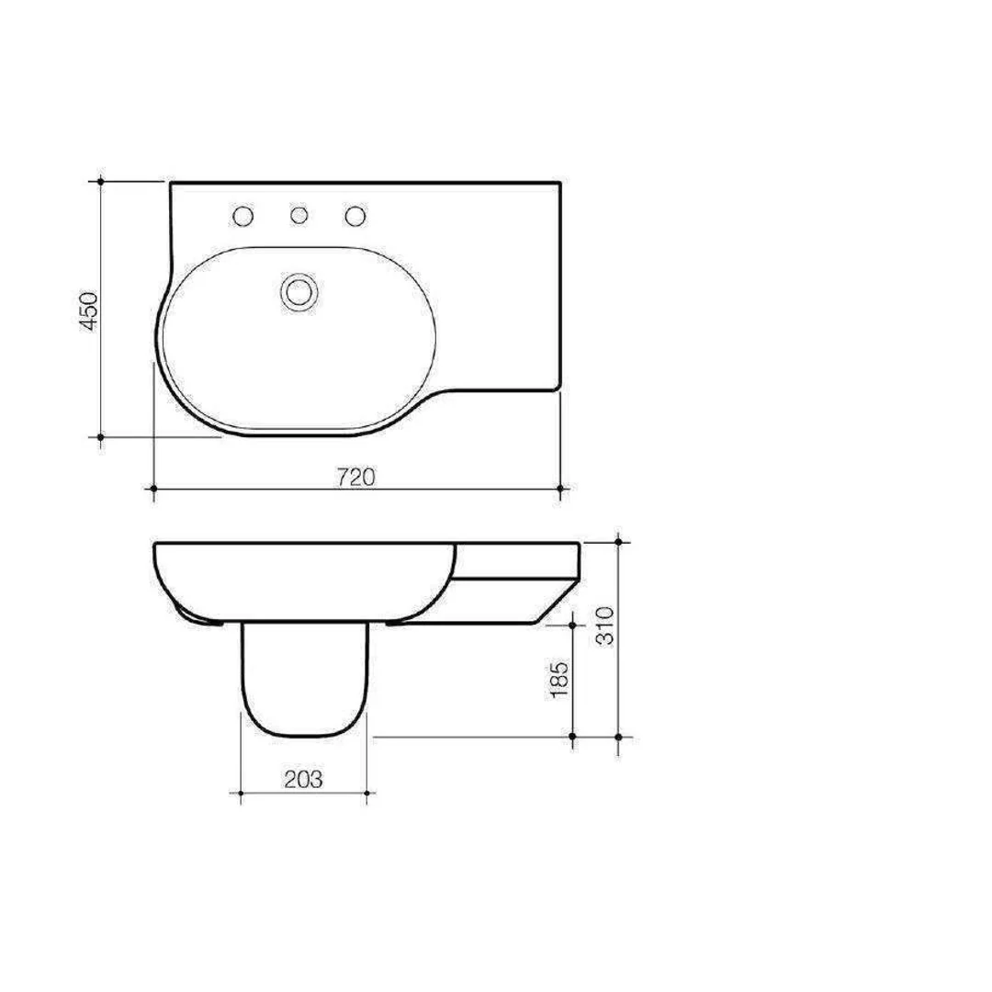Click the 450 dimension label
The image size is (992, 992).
[87, 312]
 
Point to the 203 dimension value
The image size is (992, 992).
[303, 780]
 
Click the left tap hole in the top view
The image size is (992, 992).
[243, 216]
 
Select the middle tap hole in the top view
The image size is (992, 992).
[299, 216]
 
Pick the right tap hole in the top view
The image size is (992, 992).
[355, 216]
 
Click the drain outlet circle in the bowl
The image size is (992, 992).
[298, 291]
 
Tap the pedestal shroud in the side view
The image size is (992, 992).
[304, 680]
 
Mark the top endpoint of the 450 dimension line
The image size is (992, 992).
[100, 182]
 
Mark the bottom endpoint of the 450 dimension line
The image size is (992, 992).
[100, 437]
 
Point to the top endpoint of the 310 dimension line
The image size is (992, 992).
[620, 543]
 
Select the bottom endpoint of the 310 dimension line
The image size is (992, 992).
[620, 737]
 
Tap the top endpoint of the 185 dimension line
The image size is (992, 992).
[573, 624]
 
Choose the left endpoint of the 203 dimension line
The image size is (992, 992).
[241, 792]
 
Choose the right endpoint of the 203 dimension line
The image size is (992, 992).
[367, 792]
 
